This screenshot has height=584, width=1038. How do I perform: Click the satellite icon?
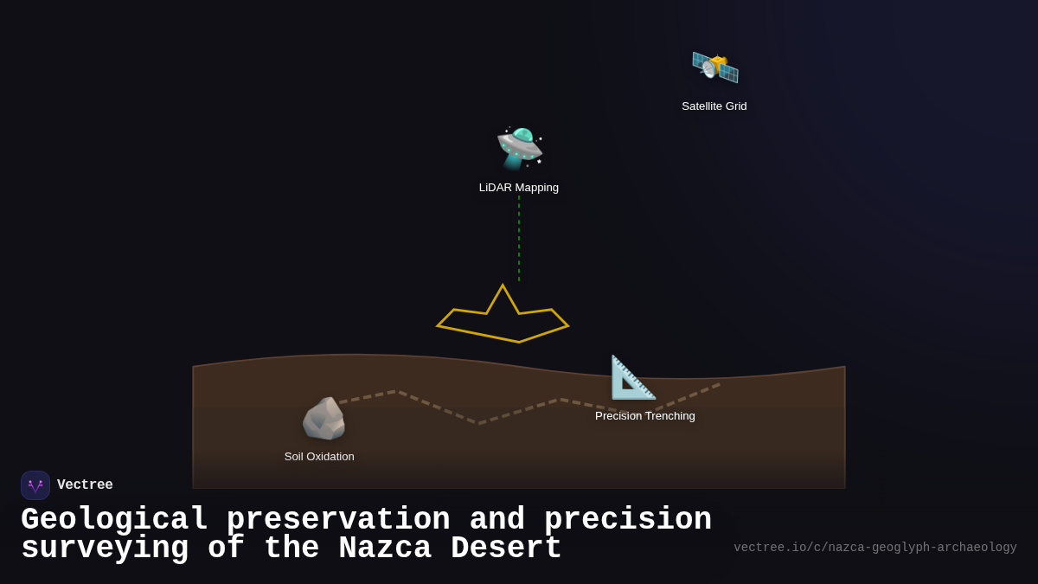click(714, 67)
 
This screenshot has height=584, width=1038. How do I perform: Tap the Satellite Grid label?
click(714, 106)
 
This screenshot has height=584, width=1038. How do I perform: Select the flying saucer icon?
click(519, 148)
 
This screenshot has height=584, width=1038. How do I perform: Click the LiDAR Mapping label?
click(519, 188)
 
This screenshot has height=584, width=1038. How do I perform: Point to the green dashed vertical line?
click(519, 238)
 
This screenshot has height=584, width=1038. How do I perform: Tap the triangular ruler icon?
click(632, 378)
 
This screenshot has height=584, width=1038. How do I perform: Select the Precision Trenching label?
click(645, 416)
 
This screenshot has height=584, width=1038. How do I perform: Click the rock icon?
click(324, 419)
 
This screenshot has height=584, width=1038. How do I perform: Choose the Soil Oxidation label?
click(319, 457)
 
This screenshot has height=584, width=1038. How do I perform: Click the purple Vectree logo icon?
click(35, 485)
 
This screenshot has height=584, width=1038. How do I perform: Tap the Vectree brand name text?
click(85, 485)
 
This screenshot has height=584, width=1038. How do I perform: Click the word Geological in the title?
click(114, 520)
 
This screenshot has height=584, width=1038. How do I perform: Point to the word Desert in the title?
click(507, 549)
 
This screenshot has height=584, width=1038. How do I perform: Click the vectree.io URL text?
click(875, 548)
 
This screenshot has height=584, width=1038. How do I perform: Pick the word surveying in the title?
click(106, 549)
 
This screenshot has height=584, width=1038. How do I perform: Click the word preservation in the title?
click(338, 520)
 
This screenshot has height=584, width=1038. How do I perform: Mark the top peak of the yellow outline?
click(503, 286)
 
